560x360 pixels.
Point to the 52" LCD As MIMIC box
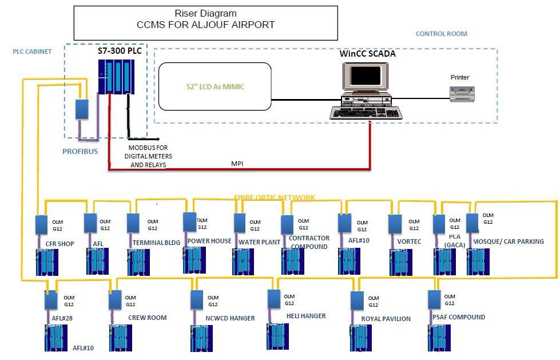coord(215,86)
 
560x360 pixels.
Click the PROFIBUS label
coord(81,152)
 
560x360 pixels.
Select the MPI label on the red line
coord(238,163)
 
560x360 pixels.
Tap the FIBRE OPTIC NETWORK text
coord(274,197)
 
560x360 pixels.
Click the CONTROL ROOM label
coord(441,34)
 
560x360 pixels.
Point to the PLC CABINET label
coord(32,52)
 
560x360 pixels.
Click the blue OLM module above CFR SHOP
coord(41,224)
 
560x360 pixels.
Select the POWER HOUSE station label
coord(209,242)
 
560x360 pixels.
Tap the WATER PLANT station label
coord(260,242)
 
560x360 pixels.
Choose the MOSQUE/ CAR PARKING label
coord(509,242)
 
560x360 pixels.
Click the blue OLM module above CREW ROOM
coord(116,299)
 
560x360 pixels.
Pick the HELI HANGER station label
coord(305,316)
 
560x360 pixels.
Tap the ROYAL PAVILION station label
coord(386,319)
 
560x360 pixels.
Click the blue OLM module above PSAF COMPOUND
coord(434,299)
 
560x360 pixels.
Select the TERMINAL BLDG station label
coord(156,243)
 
